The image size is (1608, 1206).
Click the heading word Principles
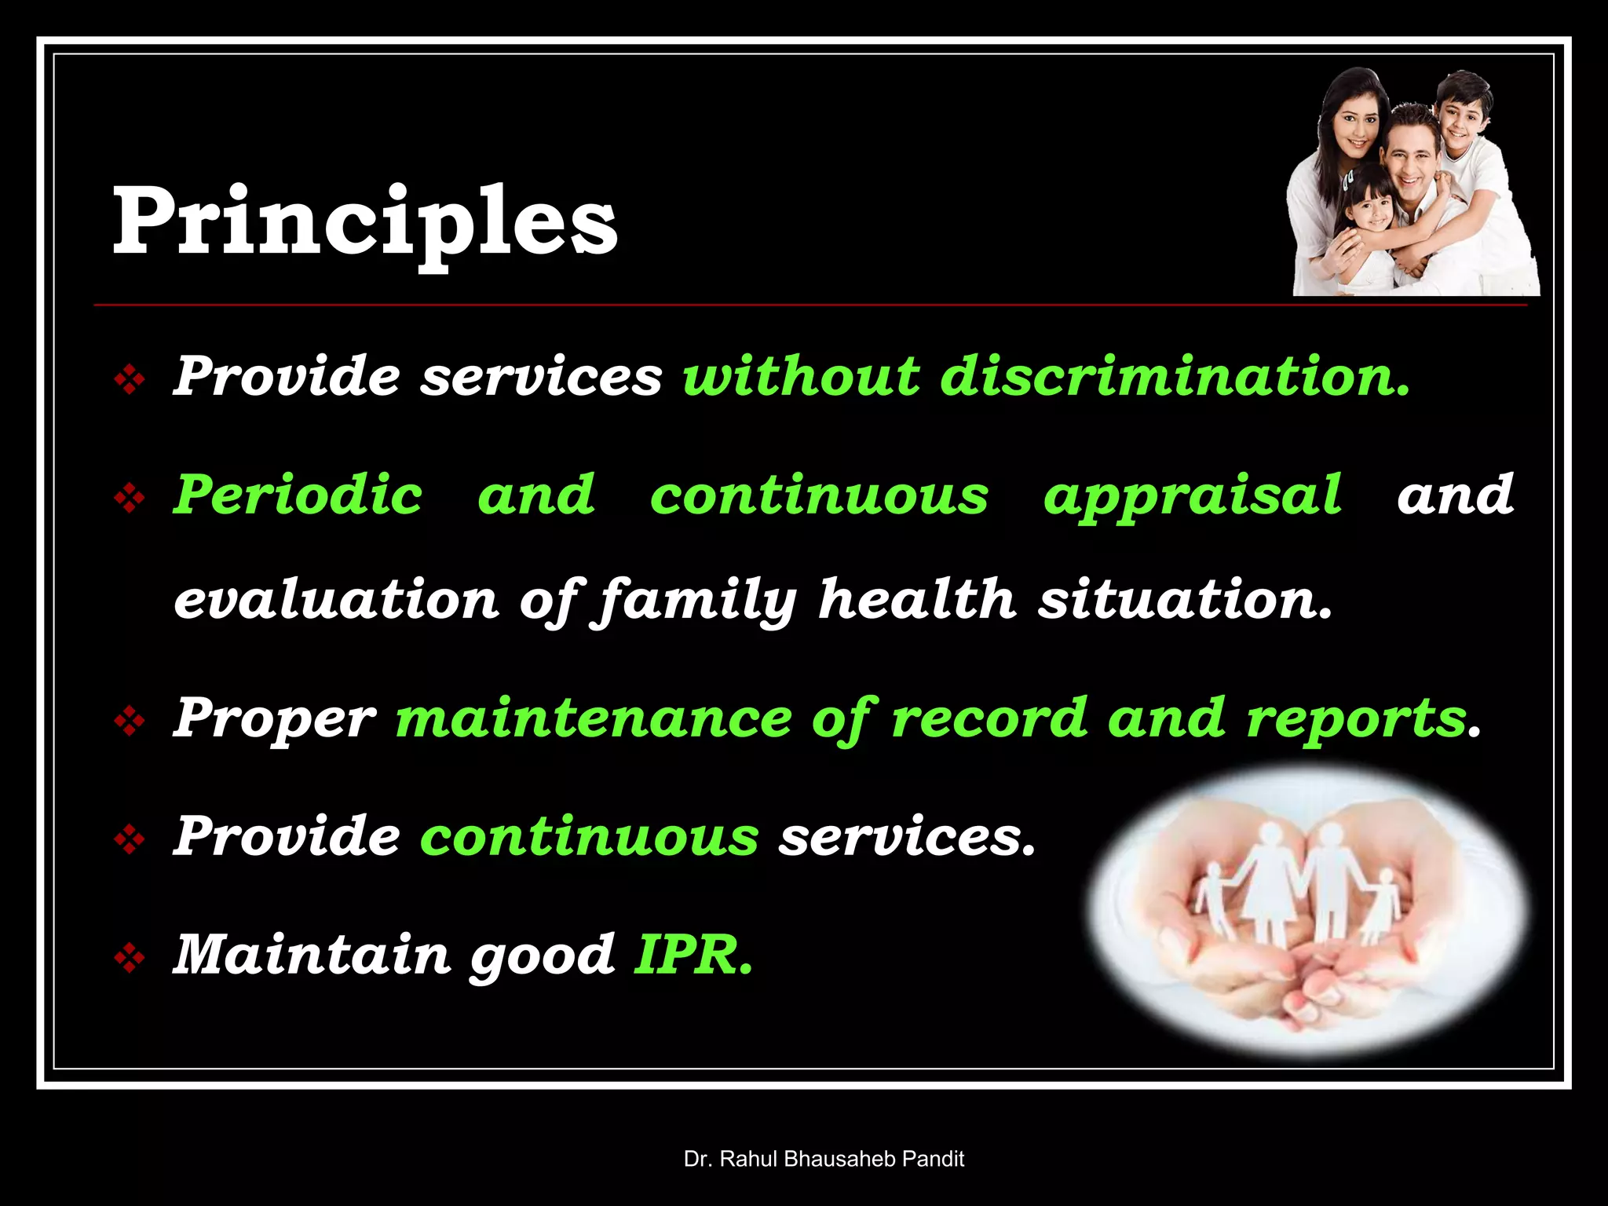click(365, 222)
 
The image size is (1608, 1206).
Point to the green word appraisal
click(1192, 496)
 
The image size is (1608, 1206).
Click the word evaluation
click(336, 600)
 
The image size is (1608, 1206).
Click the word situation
click(1186, 600)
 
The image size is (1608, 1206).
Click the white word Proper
click(274, 719)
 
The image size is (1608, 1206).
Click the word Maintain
click(312, 955)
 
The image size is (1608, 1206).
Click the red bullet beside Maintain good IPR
click(130, 958)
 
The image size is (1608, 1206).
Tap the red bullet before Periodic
click(130, 498)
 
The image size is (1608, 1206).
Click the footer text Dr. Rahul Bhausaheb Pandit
click(824, 1159)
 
